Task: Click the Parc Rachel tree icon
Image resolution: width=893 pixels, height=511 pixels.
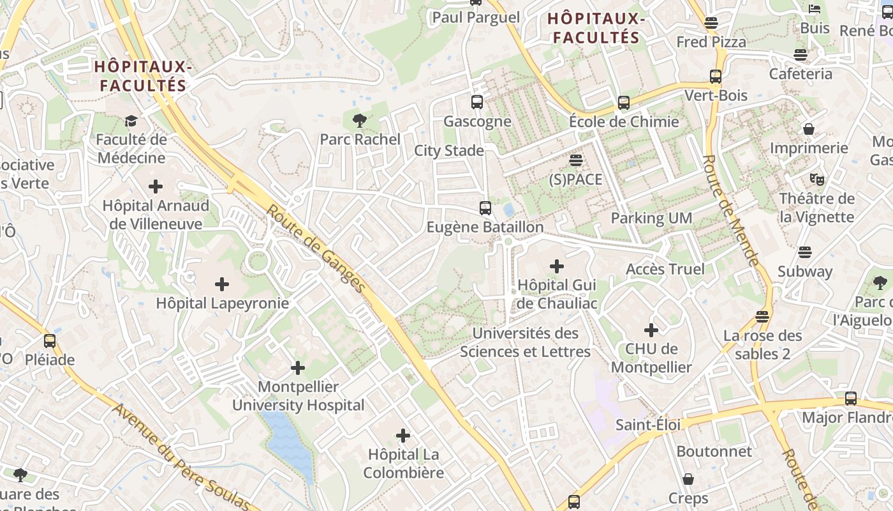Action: [360, 120]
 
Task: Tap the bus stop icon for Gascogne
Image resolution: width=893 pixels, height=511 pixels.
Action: [476, 102]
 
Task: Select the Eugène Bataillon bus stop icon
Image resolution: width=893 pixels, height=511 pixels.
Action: [485, 208]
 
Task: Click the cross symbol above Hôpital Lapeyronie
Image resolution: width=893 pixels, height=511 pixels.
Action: [222, 284]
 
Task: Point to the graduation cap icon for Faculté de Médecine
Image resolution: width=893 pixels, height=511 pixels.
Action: [131, 121]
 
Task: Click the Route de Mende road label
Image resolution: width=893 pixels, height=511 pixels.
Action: [731, 211]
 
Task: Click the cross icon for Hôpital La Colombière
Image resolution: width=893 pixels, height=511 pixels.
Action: [403, 436]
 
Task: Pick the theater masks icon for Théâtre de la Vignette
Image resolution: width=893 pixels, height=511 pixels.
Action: [816, 179]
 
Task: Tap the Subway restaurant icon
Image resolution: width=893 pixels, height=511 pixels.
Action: [805, 252]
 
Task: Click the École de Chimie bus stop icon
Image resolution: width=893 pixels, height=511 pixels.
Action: [624, 102]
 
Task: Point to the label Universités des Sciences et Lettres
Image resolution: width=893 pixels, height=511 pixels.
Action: [526, 342]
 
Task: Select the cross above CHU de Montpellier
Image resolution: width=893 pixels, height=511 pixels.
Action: [651, 330]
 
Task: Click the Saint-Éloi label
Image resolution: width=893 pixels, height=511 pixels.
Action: [648, 425]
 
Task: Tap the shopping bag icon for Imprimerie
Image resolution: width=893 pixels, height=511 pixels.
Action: [809, 129]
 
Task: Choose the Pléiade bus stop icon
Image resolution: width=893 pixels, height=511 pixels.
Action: [50, 341]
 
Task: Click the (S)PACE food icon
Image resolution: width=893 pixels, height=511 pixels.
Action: [576, 160]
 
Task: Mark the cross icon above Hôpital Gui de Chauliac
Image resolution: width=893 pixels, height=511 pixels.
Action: [557, 266]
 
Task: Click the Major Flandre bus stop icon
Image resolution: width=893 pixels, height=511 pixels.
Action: [851, 399]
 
